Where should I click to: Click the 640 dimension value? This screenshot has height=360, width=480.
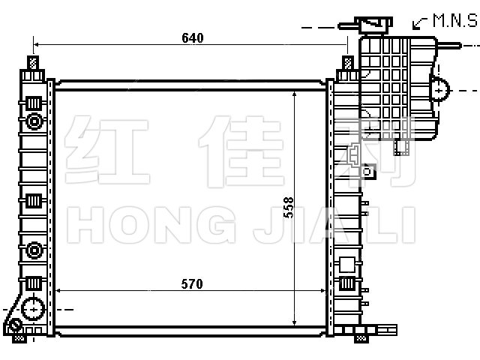[193, 38]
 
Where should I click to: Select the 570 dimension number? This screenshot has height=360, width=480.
[192, 284]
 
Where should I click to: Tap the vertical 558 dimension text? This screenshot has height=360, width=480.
[288, 207]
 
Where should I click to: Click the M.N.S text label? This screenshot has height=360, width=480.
[455, 20]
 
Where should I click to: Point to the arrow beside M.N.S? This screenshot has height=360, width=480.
[420, 23]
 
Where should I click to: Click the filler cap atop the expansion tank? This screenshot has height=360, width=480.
[373, 25]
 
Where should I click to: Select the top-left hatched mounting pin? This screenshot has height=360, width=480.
[33, 63]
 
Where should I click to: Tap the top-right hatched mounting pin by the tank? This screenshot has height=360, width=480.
[348, 63]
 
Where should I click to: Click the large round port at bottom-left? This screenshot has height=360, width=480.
[33, 309]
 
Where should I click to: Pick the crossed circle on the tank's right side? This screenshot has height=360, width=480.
[439, 90]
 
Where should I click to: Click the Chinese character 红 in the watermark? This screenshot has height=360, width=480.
[106, 150]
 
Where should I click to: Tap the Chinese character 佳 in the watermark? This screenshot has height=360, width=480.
[241, 151]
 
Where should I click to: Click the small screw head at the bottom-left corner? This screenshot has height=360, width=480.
[15, 325]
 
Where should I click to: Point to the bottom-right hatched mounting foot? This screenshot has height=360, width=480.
[361, 338]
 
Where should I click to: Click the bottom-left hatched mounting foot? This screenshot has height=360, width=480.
[19, 338]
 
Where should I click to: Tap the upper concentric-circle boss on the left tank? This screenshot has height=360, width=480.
[34, 121]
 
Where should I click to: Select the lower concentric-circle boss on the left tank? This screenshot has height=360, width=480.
[34, 250]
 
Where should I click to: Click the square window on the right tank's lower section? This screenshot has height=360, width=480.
[347, 265]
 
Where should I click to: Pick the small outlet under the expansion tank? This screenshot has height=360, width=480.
[402, 147]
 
